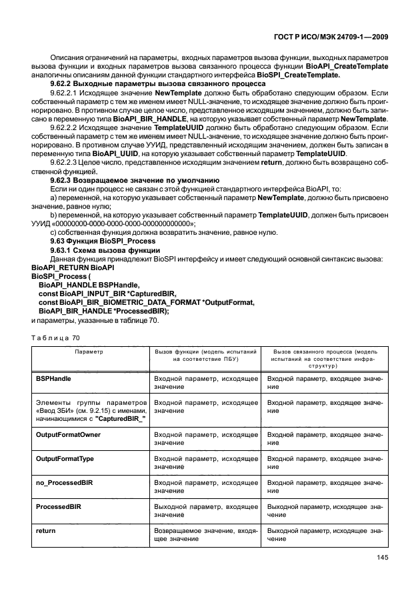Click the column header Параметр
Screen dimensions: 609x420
pyautogui.click(x=89, y=351)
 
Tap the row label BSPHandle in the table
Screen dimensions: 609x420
pyautogui.click(x=54, y=378)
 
